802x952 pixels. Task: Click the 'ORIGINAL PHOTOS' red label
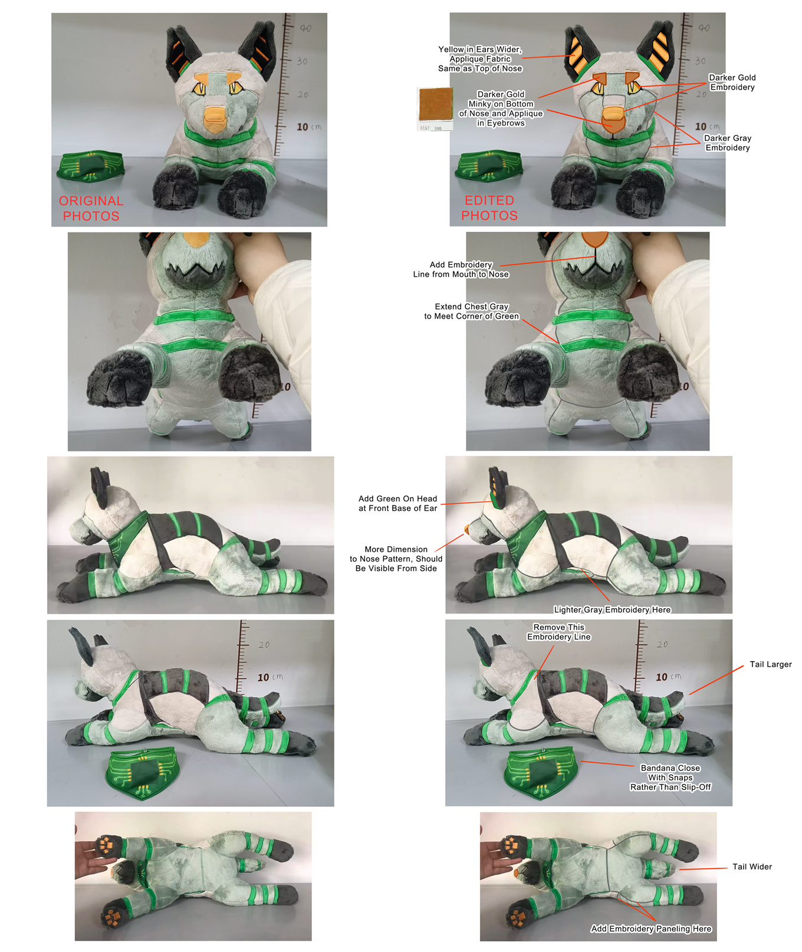91,209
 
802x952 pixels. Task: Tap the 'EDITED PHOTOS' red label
489,208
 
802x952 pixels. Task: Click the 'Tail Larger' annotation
770,664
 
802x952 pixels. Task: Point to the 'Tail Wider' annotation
752,866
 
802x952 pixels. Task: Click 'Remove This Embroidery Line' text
558,632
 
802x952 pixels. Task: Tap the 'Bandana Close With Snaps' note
670,777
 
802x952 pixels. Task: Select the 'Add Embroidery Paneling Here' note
651,928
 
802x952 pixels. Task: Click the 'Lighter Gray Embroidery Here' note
612,609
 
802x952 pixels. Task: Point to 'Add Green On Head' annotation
397,503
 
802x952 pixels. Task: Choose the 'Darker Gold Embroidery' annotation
732,82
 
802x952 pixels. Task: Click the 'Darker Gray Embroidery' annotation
728,143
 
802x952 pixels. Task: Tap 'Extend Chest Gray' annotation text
471,311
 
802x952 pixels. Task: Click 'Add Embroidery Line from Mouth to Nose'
461,269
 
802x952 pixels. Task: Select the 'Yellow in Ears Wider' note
480,58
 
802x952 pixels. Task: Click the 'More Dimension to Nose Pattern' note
396,559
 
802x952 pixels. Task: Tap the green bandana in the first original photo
90,166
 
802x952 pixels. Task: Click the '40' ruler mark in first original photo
305,28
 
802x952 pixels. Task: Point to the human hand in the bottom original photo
93,855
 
